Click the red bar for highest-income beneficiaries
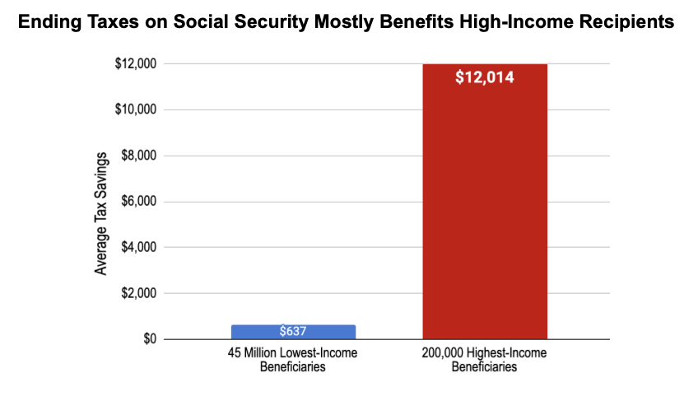click(485, 202)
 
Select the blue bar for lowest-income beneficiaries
click(293, 332)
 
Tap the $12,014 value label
click(485, 77)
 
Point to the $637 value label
click(293, 331)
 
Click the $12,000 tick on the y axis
click(136, 63)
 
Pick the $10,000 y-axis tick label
click(136, 109)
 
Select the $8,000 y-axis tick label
click(139, 156)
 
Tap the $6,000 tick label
click(139, 201)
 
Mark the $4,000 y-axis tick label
click(139, 247)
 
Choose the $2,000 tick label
click(139, 293)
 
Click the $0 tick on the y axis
click(150, 339)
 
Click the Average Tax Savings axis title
click(100, 214)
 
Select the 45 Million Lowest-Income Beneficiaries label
click(293, 360)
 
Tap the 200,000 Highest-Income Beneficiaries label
click(484, 360)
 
